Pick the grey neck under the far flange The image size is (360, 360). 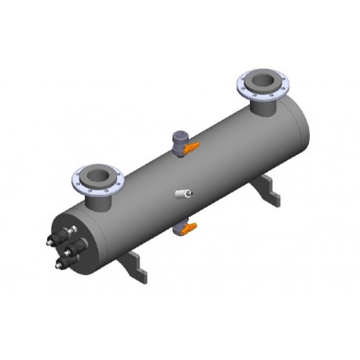click(x=263, y=108)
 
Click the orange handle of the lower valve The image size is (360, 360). click(x=191, y=229)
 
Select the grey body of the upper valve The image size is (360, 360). click(x=179, y=138)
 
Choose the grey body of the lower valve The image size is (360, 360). click(x=181, y=230)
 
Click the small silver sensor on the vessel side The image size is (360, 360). click(x=186, y=193)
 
